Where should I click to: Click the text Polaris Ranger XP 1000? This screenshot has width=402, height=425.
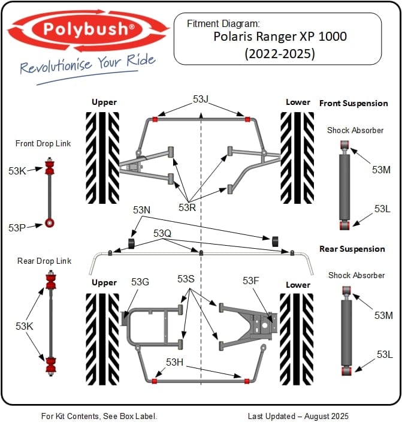[x=280, y=37]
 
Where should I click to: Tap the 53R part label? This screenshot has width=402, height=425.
[x=187, y=207]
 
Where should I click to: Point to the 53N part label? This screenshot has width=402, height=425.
[x=142, y=210]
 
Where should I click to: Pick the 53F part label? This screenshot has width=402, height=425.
[x=250, y=281]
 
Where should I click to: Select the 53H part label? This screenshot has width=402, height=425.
[x=174, y=362]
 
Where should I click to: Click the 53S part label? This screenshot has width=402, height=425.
[x=186, y=279]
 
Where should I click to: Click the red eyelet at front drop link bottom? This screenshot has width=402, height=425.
[x=50, y=224]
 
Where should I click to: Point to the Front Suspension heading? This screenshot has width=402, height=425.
[x=353, y=103]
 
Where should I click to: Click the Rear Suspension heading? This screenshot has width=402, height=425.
[x=352, y=249]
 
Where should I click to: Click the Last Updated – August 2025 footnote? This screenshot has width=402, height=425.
[x=298, y=415]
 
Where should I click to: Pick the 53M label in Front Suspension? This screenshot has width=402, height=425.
[x=381, y=170]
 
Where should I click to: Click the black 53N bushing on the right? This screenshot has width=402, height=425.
[x=276, y=241]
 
